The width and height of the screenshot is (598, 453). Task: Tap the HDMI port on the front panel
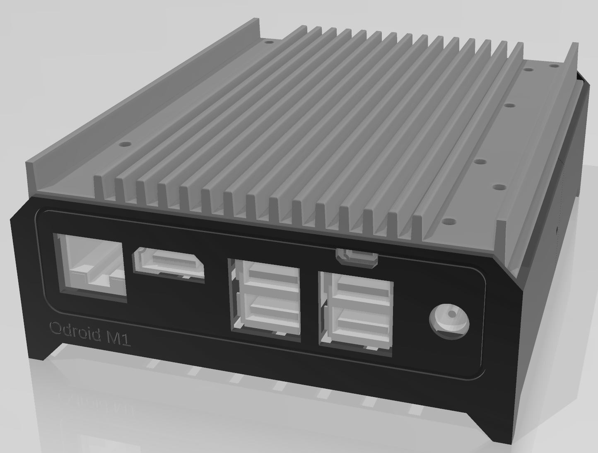tap(169, 263)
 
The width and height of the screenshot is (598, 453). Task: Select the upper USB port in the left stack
tap(268, 276)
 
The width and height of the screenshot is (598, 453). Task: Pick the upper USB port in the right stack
tap(359, 291)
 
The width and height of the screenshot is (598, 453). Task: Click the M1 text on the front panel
tap(118, 339)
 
